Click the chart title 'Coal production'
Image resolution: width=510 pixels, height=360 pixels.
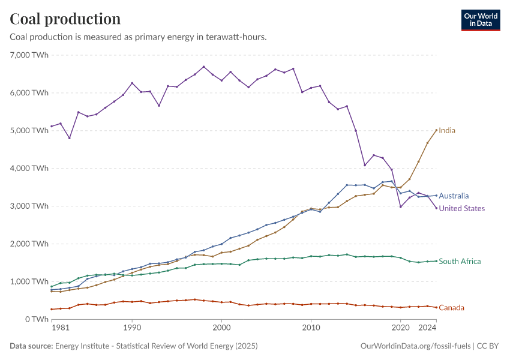click(x=65, y=19)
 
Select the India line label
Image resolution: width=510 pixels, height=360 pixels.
click(x=447, y=130)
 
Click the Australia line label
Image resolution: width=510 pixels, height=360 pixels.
click(x=454, y=196)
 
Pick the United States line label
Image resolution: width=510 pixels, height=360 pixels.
click(x=462, y=208)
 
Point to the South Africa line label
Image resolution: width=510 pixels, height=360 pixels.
click(x=460, y=261)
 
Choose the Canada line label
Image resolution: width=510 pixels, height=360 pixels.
click(x=451, y=308)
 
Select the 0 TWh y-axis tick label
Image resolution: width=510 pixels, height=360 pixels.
click(x=35, y=319)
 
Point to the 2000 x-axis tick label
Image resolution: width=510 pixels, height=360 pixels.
click(x=221, y=328)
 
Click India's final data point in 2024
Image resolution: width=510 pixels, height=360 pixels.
click(x=436, y=130)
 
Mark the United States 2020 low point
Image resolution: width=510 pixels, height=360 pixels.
click(x=400, y=206)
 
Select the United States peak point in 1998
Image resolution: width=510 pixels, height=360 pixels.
click(x=203, y=67)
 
